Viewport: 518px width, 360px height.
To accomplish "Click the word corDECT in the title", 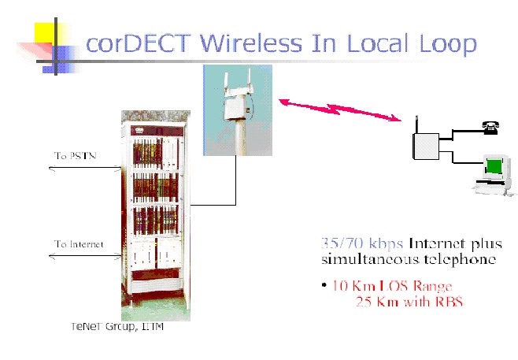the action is click(x=139, y=43).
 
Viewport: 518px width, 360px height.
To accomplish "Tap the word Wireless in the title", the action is click(x=251, y=43).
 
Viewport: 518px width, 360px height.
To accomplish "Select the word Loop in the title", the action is click(x=448, y=45).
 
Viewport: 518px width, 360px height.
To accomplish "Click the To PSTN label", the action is click(x=76, y=155).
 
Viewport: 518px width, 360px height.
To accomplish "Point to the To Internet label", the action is click(x=79, y=244).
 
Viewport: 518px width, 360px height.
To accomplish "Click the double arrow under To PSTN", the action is click(x=85, y=169).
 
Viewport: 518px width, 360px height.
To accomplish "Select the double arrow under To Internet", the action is click(x=85, y=255).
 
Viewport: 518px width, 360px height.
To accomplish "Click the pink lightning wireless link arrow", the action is click(x=340, y=109).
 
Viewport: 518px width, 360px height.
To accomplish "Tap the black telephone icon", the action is click(x=490, y=128).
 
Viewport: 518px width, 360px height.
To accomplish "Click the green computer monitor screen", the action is click(x=494, y=166).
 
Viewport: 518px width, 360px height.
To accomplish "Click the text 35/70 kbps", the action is click(x=362, y=243).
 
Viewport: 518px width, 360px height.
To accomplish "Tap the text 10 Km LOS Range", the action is click(x=392, y=286).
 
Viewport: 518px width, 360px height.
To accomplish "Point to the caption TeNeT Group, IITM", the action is click(x=117, y=327).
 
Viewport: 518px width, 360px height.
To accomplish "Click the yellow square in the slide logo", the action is click(x=45, y=33).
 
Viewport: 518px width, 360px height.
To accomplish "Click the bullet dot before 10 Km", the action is click(x=324, y=285).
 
